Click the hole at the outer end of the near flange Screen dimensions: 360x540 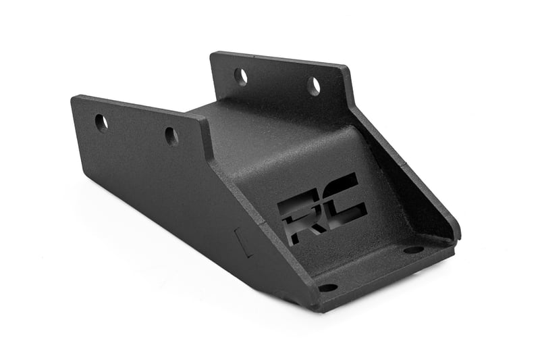[101, 122]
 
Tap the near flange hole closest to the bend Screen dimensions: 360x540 [171, 136]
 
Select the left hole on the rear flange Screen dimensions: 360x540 [241, 76]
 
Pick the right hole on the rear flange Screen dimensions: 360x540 [314, 86]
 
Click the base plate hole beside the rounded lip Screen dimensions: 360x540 [413, 249]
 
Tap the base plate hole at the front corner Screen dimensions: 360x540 [328, 287]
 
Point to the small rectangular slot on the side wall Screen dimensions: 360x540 [241, 241]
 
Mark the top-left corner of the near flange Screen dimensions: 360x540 [74, 99]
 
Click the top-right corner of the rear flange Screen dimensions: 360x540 [346, 68]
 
